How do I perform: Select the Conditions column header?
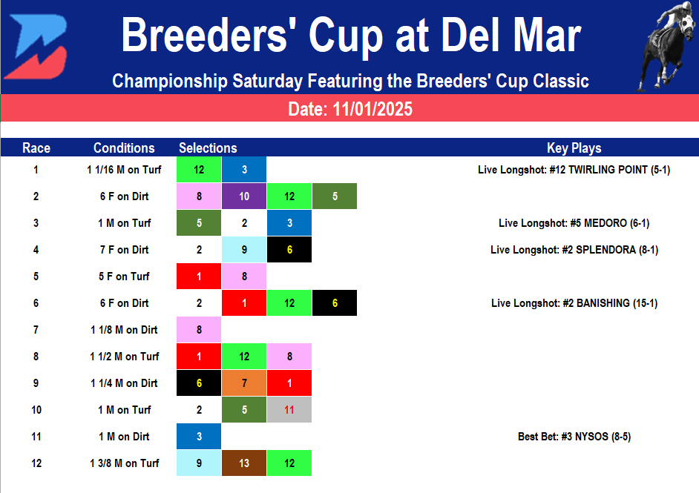pos(124,148)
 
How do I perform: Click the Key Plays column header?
pos(574,148)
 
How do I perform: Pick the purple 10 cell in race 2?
pos(244,196)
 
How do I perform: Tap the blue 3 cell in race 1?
pos(244,170)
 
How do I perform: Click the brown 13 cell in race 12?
pos(244,463)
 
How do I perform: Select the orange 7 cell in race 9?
pos(244,383)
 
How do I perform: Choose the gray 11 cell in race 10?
pos(289,410)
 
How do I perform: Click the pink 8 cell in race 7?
pos(199,330)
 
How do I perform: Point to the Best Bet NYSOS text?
pos(574,437)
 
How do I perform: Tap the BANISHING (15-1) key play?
pos(574,303)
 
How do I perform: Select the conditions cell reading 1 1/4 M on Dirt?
pos(124,383)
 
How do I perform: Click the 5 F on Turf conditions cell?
pos(124,277)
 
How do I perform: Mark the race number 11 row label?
pos(36,437)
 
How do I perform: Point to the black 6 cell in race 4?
pos(289,250)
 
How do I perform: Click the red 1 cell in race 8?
pos(199,357)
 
